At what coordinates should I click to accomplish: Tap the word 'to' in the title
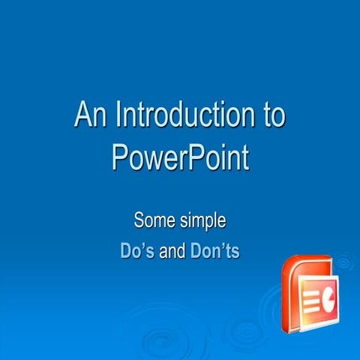tap(273, 117)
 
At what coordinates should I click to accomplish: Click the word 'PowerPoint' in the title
tap(180, 157)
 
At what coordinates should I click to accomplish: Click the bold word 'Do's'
tap(137, 250)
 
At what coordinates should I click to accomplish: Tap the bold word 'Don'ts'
tap(214, 250)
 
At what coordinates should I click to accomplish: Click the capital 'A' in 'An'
tap(82, 116)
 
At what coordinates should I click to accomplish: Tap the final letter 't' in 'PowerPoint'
tap(244, 157)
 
